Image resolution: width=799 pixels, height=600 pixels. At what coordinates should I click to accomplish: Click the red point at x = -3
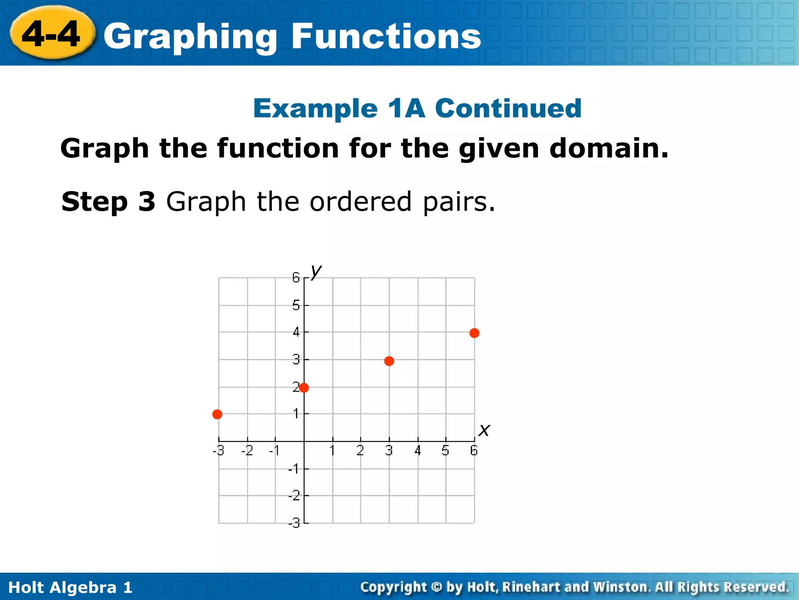217,414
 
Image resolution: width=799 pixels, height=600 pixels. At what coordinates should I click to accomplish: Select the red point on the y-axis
304,387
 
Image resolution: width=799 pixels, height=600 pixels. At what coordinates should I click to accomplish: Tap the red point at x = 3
389,361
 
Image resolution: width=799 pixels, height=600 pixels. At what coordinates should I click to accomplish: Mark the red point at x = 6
474,333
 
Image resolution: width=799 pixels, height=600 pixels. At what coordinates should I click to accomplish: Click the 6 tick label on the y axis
296,278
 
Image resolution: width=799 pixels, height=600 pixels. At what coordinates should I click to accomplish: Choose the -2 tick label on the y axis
294,496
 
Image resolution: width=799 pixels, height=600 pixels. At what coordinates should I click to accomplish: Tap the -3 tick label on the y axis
294,523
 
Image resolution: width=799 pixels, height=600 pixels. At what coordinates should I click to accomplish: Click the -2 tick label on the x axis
247,451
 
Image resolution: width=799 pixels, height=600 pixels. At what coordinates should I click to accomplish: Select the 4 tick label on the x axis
418,451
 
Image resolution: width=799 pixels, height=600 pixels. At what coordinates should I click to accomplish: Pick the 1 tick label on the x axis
332,451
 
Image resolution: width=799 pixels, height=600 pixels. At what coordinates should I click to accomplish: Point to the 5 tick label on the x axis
446,451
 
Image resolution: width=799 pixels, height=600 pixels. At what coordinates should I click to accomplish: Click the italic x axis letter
484,430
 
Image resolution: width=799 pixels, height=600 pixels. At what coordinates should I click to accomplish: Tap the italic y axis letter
316,270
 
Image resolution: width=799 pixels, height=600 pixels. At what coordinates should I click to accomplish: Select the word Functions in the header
386,36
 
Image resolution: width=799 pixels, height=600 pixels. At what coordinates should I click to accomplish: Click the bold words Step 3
108,202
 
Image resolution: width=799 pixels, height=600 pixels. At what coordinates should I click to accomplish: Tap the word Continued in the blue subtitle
508,108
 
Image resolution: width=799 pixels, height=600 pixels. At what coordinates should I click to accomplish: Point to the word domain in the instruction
609,148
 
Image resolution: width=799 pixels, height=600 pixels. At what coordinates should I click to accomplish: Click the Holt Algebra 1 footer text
70,587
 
